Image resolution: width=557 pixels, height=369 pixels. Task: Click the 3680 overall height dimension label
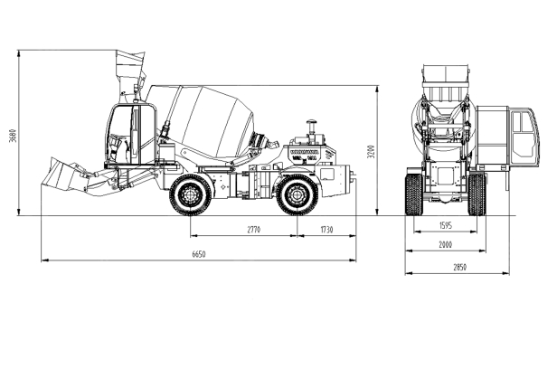(x=13, y=135)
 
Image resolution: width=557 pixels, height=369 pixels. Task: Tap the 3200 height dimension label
(x=372, y=151)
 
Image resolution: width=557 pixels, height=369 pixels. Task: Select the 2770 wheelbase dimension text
(x=253, y=230)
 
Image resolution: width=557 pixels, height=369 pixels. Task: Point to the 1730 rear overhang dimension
(x=326, y=230)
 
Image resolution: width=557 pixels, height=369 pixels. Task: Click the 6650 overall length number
(x=199, y=254)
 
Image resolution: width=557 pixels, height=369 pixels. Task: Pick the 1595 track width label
(x=446, y=225)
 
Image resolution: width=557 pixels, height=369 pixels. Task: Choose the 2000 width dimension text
(x=446, y=244)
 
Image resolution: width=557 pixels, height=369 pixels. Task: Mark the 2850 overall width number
(x=459, y=267)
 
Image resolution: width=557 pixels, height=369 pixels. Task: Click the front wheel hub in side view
(x=191, y=194)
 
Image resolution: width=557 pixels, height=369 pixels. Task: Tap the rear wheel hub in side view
(x=297, y=194)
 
